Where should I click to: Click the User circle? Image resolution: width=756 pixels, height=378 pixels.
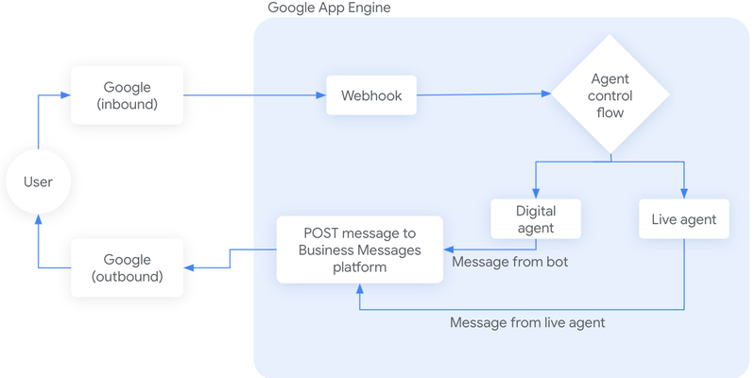[x=39, y=181]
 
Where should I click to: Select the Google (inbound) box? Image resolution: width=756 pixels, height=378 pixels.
[x=128, y=95]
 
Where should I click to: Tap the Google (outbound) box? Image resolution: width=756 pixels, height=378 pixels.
[x=128, y=267]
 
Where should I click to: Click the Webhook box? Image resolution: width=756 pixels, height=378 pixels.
[x=371, y=95]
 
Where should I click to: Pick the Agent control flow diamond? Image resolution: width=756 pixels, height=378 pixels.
[x=611, y=94]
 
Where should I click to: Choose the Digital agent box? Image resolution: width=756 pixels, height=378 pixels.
[x=536, y=219]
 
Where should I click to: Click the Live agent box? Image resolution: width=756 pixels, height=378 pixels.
[x=684, y=219]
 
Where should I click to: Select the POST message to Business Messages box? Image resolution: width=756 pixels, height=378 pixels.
[x=359, y=249]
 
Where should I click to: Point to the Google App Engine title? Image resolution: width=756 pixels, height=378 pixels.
[x=329, y=9]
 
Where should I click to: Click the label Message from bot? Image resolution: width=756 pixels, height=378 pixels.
[x=510, y=262]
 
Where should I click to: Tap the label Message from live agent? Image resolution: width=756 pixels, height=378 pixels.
[x=527, y=322]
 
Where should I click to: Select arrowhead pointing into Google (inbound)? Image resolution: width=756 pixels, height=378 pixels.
[x=65, y=95]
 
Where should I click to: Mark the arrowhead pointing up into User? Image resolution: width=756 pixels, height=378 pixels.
[x=39, y=218]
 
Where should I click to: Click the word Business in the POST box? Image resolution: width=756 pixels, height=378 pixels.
[x=327, y=249]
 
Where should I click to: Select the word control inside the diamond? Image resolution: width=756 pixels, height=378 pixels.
[x=611, y=95]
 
